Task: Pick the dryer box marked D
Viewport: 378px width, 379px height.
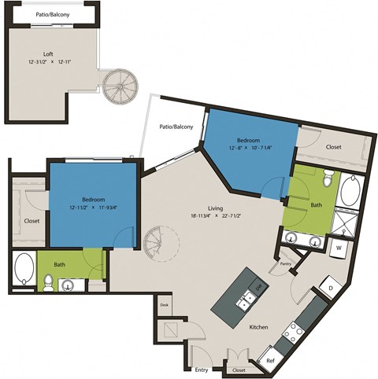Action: [330, 289]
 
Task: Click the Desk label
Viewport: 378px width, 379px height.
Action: [165, 304]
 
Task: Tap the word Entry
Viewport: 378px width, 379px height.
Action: [202, 369]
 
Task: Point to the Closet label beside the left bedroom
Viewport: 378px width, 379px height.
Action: [31, 221]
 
